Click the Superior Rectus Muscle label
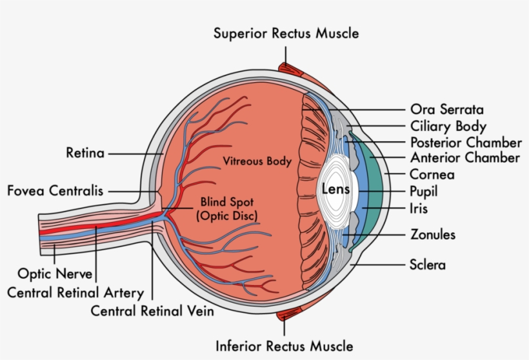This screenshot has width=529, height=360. coord(286,33)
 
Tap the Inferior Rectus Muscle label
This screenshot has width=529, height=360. coord(284,346)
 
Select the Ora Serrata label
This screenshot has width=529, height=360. coord(447,110)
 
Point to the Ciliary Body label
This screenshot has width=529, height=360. coord(448,126)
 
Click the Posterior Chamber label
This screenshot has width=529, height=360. coord(466,142)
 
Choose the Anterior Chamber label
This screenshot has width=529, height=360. coord(464,158)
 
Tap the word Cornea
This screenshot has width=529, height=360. coord(432,174)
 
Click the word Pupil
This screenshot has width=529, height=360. coord(423,191)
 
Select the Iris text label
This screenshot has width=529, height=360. coord(418,208)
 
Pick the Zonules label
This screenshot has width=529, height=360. coord(433,234)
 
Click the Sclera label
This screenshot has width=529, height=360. coord(427,265)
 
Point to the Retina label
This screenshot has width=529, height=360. coord(85,154)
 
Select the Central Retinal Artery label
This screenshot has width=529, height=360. coord(75,292)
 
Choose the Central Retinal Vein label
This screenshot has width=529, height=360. coord(152,310)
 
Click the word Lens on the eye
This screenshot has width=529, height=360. coord(335,190)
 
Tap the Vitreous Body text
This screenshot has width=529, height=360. coord(257,161)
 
